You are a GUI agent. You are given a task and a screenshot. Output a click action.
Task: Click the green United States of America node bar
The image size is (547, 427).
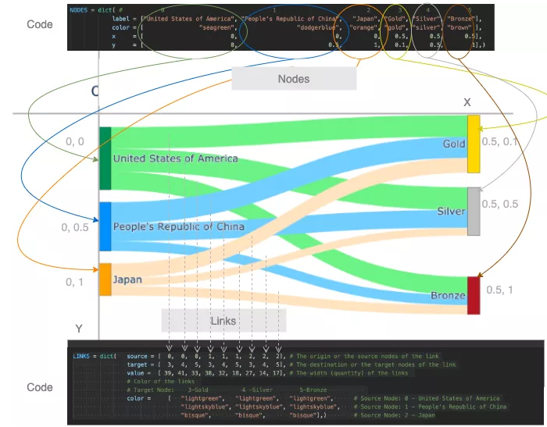105,158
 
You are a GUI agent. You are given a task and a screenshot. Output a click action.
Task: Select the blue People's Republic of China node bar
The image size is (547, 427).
105,226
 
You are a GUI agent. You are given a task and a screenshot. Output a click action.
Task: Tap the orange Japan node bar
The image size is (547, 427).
105,279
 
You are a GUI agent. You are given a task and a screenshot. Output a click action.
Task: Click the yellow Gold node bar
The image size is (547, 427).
474,144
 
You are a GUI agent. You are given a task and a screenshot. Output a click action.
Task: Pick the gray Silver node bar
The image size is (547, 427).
474,211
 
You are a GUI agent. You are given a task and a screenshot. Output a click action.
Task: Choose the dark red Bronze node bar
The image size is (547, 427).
474,295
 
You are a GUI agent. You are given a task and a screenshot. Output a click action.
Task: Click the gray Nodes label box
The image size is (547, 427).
294,79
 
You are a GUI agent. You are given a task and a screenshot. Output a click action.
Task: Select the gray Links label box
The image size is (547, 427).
223,321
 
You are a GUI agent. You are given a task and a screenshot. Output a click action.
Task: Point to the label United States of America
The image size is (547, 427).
175,158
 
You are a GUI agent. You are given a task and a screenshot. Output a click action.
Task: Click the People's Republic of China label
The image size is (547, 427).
179,226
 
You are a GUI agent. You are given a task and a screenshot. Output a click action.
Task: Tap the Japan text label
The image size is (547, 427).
127,279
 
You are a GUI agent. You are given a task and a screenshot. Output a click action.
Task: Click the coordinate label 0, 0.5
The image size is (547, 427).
76,228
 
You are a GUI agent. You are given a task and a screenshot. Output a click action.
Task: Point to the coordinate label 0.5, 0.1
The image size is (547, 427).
500,141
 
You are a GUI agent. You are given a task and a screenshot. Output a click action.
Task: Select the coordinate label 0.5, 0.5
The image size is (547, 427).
500,204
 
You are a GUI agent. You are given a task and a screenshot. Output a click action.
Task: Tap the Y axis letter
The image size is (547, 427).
78,328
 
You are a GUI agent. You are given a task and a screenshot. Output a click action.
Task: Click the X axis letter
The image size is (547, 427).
467,102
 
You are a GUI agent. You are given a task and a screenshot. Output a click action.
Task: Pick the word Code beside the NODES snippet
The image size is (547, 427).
40,24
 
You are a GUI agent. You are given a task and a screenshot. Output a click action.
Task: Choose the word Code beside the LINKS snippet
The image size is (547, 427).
40,387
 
